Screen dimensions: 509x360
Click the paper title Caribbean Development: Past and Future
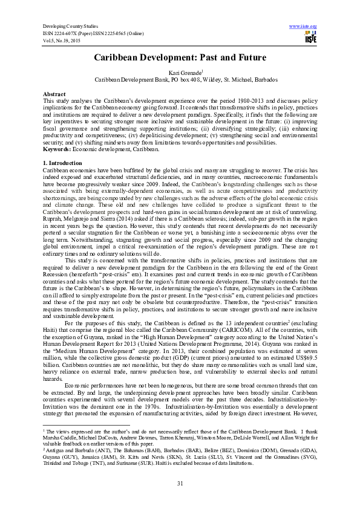click(x=180, y=57)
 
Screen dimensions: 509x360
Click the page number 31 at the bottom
click(x=180, y=481)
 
